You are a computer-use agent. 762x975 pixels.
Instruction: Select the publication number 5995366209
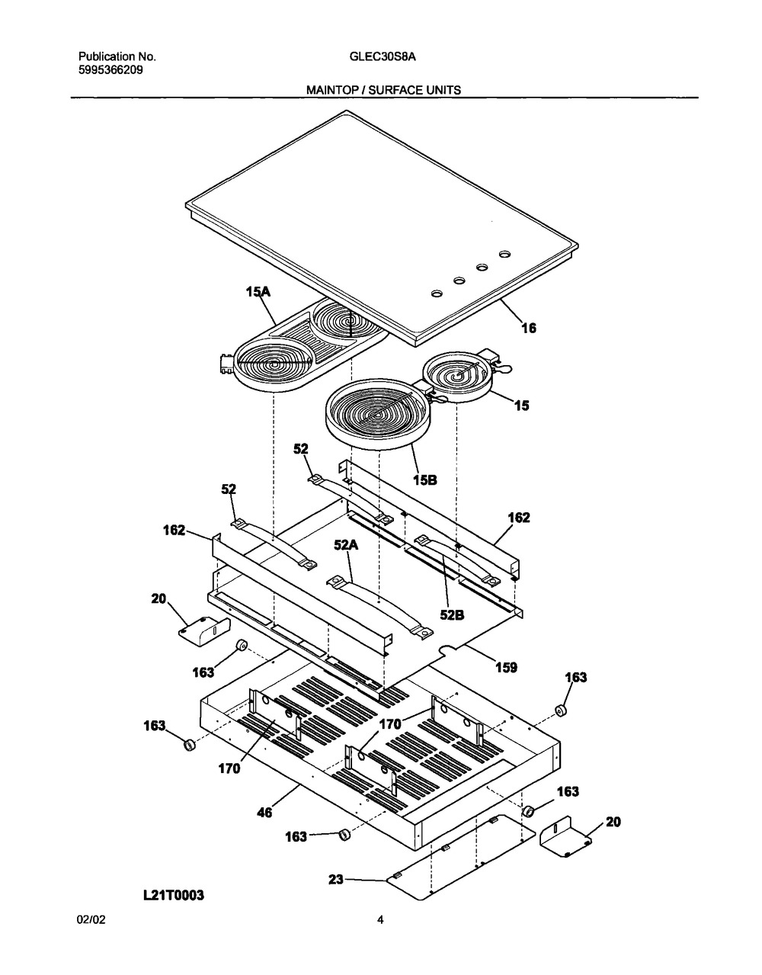click(110, 70)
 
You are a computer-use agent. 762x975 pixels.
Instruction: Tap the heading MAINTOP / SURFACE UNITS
click(383, 90)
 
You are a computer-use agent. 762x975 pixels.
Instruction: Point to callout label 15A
click(258, 292)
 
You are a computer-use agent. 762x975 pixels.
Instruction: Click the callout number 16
click(530, 329)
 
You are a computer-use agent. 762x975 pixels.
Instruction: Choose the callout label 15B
click(424, 480)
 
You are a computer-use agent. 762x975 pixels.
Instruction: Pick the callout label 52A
click(346, 545)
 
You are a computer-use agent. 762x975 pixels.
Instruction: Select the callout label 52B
click(452, 615)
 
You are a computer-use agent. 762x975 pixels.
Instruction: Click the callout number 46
click(264, 813)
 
